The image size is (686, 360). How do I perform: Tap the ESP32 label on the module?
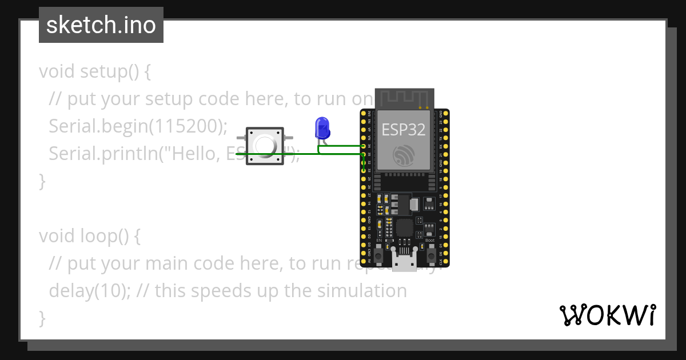(404, 130)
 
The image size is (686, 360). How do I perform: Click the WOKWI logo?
(607, 315)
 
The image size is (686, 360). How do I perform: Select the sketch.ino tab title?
(101, 25)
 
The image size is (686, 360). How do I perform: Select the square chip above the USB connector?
(405, 227)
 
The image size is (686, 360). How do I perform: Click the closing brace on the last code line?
(42, 318)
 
